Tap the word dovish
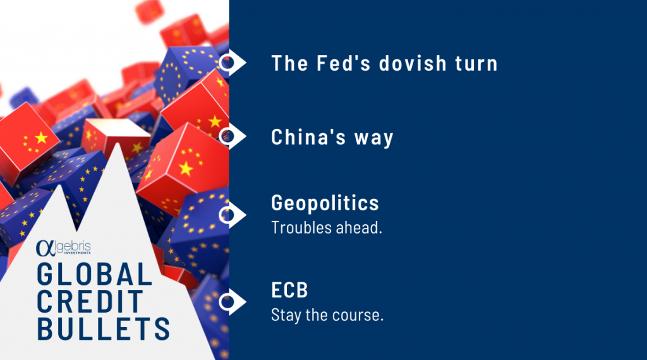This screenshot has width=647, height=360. point(413,63)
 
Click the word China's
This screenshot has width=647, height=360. point(308,136)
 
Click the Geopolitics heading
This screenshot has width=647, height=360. point(325,203)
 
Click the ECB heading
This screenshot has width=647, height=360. point(289,290)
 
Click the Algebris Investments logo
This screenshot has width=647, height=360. point(63,248)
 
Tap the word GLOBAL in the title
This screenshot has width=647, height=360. point(95,274)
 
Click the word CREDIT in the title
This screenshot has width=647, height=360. point(90,301)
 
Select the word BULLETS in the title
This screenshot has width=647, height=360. point(103,328)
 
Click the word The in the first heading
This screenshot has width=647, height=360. point(289,63)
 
